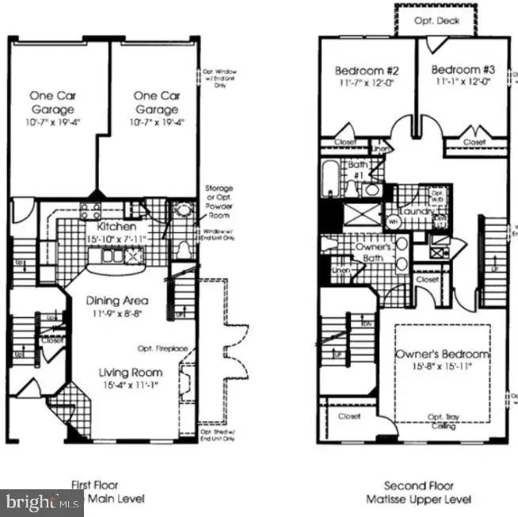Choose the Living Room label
[131, 373]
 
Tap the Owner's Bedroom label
[442, 354]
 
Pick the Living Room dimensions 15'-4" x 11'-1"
[131, 385]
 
